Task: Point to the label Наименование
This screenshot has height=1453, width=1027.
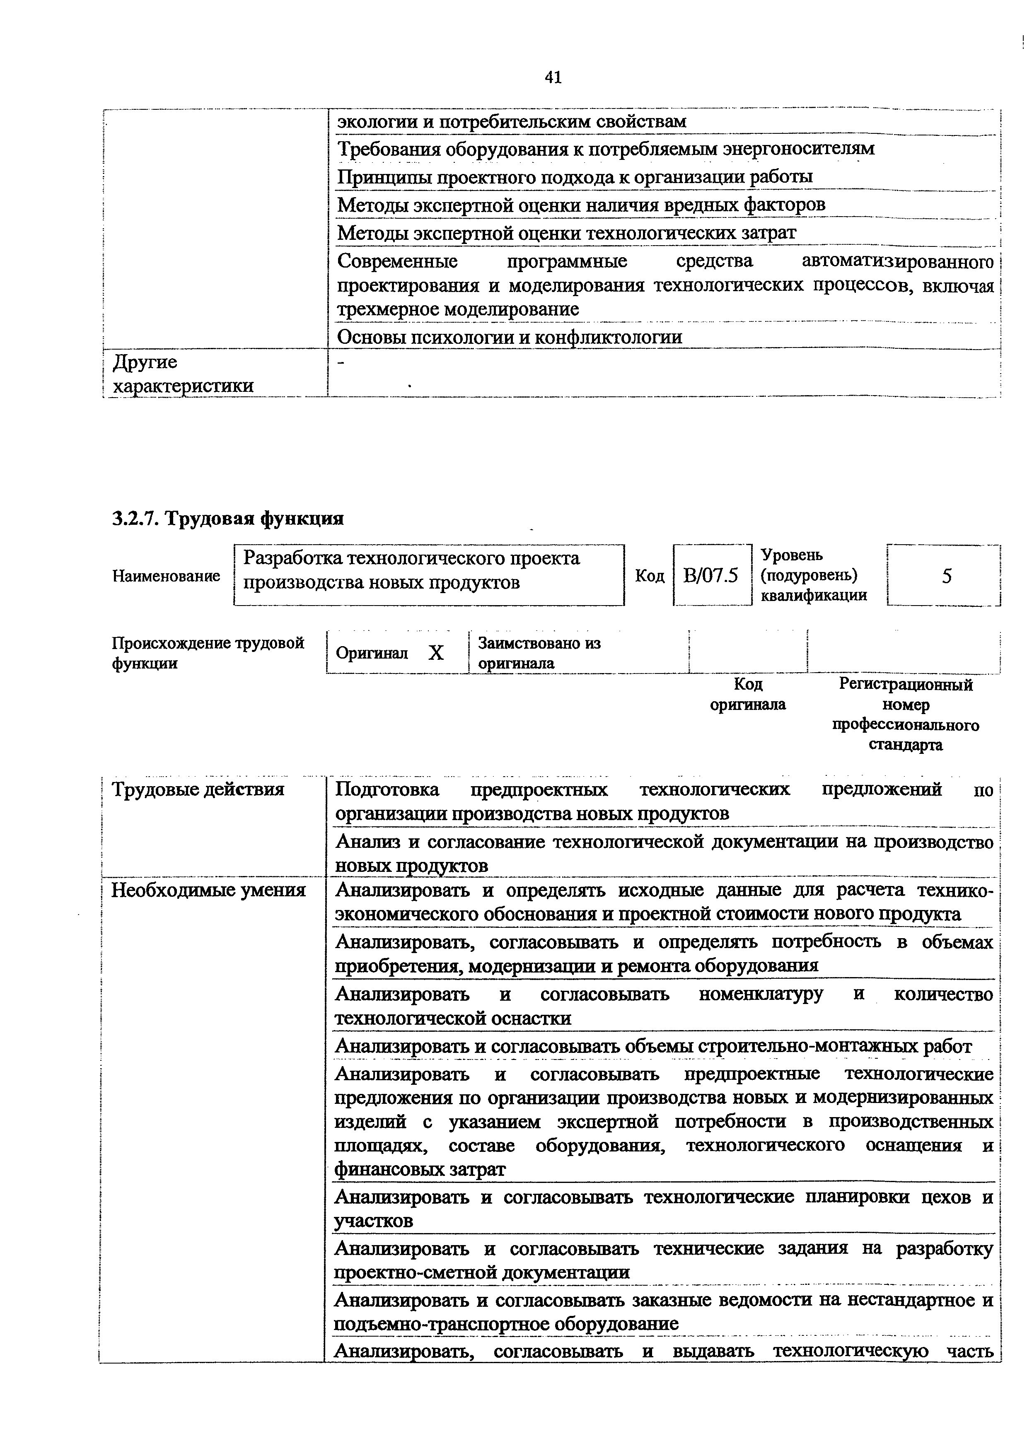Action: coord(166,576)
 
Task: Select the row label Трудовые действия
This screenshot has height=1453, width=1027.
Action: coord(198,789)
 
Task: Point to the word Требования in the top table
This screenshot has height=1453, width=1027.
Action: coord(388,150)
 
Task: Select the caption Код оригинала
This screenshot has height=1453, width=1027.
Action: coord(747,694)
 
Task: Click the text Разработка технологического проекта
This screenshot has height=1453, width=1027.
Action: coord(411,558)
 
